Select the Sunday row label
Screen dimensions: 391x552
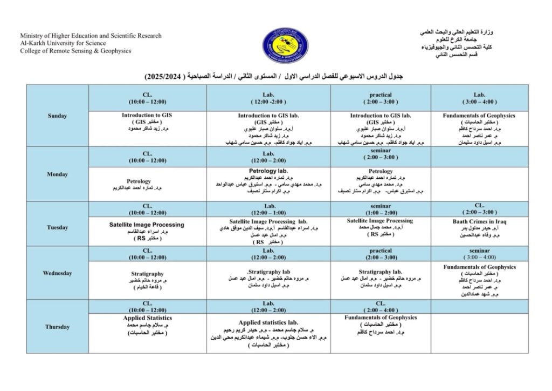click(x=57, y=116)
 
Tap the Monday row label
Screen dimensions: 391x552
click(x=57, y=174)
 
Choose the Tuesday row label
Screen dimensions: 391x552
click(x=57, y=227)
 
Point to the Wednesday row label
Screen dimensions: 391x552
click(x=57, y=273)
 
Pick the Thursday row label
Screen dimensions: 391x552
click(x=57, y=327)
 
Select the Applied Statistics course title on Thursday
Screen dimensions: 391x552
click(x=147, y=318)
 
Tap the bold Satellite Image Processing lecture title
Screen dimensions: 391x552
click(x=147, y=224)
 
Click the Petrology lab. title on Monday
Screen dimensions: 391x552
click(x=268, y=171)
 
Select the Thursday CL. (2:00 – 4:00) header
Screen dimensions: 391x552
click(x=381, y=307)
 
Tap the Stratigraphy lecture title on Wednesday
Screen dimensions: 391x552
click(x=147, y=274)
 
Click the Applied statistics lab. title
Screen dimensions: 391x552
click(x=268, y=322)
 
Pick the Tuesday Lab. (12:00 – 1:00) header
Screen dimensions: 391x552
click(x=268, y=209)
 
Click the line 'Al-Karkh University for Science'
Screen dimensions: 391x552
click(x=63, y=43)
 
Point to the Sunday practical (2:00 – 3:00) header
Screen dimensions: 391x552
click(x=381, y=98)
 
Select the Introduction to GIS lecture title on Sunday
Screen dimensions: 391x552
click(x=147, y=115)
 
